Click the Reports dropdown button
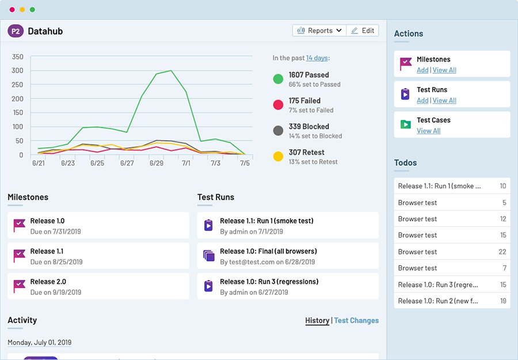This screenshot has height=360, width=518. tap(319, 31)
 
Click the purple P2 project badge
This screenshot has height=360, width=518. tap(16, 31)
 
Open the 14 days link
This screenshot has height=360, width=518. tap(317, 58)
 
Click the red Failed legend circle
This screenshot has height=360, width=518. tap(278, 105)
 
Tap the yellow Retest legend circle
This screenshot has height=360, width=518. tap(278, 157)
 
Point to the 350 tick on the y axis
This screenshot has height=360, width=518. tap(17, 57)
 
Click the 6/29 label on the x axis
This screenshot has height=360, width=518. tap(157, 164)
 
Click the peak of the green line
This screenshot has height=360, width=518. tap(171, 71)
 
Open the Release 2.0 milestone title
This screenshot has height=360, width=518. tap(48, 282)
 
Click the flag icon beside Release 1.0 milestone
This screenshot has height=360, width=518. tap(20, 225)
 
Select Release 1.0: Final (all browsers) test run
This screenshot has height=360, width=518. tap(268, 251)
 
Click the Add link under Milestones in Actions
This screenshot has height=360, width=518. tap(422, 70)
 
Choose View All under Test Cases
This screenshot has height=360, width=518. tap(428, 131)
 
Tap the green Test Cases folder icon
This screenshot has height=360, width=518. tap(406, 124)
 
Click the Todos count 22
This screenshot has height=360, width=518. tap(502, 252)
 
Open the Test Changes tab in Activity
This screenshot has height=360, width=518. tap(356, 320)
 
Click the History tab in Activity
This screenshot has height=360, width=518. tap(317, 320)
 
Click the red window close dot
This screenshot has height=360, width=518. tap(12, 10)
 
